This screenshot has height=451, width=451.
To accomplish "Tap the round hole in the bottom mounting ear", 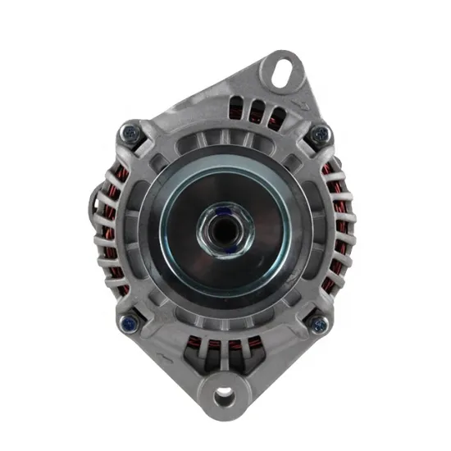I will pos(224,398).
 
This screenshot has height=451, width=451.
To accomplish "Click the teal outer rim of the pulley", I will pos(169,246).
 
